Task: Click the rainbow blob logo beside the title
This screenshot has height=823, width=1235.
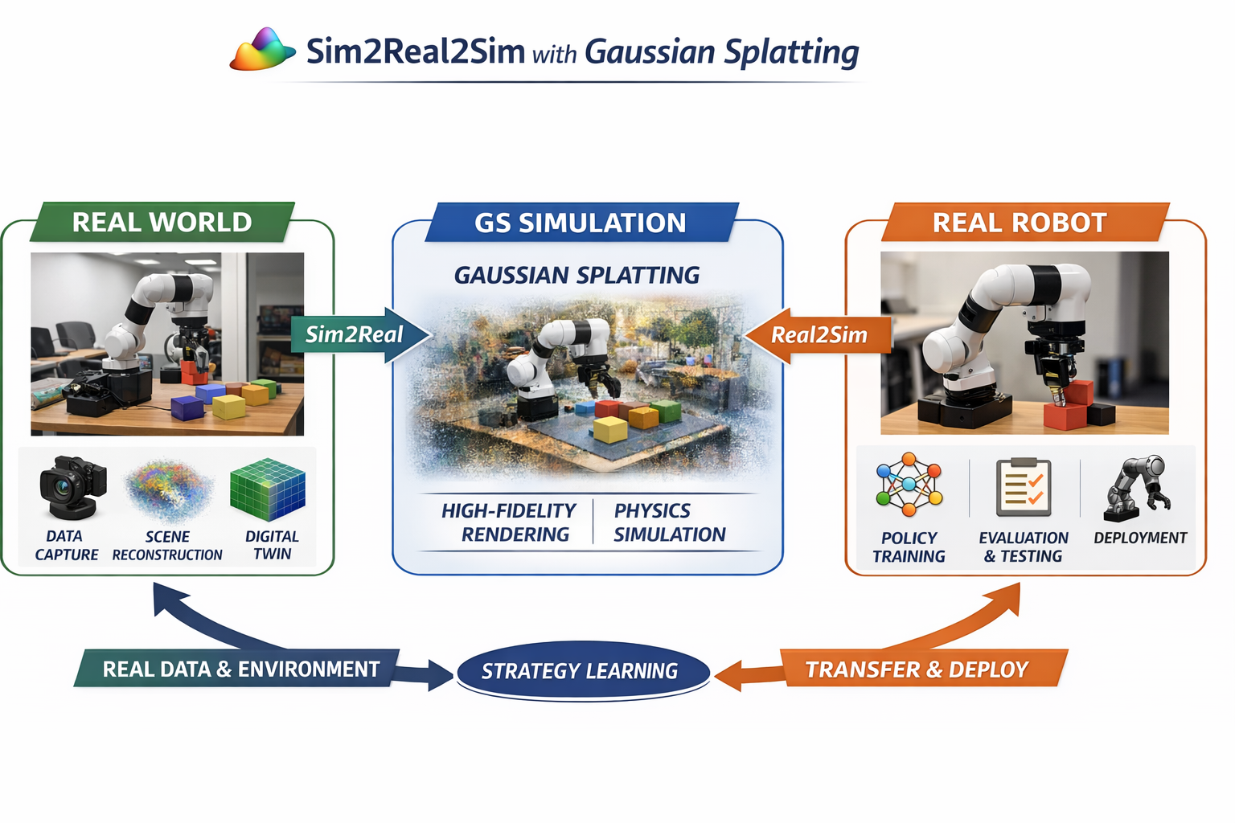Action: point(262,51)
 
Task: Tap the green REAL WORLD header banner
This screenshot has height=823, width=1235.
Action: point(162,222)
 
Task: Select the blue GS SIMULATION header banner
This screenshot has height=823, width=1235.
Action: point(580,223)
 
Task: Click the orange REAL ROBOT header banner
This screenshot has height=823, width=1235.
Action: point(1020,223)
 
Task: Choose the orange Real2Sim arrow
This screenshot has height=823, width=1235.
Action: point(818,335)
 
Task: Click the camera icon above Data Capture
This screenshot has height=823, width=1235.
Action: point(72,487)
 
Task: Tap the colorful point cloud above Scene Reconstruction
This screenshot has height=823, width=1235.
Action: point(168,490)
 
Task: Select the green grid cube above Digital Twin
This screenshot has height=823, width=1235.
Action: point(268,489)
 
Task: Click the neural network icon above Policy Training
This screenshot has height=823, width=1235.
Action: point(909,485)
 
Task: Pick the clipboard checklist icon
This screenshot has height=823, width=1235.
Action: point(1023,487)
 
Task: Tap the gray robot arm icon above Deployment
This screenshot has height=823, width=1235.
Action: point(1137,485)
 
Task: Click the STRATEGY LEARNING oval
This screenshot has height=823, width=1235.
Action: point(581,670)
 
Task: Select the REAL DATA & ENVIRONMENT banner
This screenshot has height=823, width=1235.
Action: point(240,669)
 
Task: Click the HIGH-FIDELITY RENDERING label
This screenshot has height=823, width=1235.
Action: point(510,522)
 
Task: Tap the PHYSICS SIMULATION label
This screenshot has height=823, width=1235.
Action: point(669,522)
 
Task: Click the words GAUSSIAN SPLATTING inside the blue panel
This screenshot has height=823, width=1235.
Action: point(576,276)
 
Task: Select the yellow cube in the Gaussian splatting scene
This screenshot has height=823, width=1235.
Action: point(609,429)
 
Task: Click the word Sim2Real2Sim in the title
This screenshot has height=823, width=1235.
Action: point(415,51)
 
